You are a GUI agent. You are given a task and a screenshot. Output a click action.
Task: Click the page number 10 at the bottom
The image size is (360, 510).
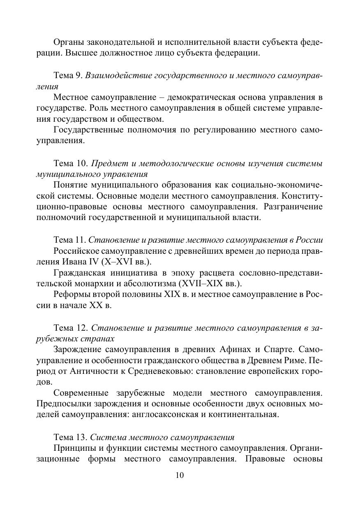pos(180,476)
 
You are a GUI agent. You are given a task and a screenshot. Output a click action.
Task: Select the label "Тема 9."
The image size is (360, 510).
pos(69,76)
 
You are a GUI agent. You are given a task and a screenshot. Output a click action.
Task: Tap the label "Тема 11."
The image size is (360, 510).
pos(70,240)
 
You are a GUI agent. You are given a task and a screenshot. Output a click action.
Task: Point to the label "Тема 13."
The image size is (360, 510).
pos(70,437)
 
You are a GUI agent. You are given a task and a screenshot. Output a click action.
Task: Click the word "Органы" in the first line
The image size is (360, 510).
pos(68,42)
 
